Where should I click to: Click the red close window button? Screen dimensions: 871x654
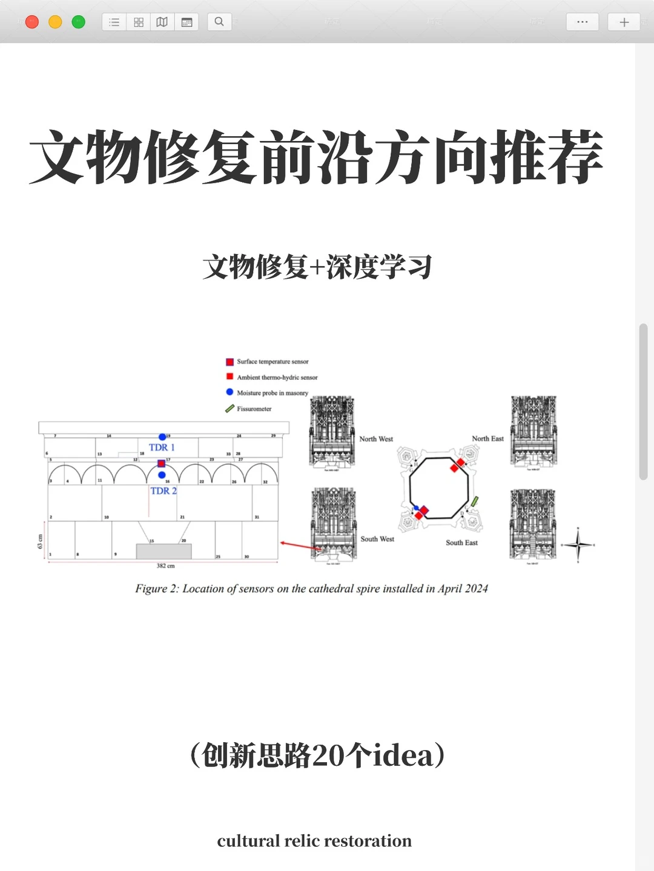pyautogui.click(x=32, y=22)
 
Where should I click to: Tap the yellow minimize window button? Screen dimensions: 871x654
pyautogui.click(x=55, y=22)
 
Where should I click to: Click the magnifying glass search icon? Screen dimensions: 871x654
pyautogui.click(x=219, y=22)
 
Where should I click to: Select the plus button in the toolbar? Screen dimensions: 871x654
pyautogui.click(x=624, y=22)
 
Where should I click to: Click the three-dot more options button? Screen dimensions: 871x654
pyautogui.click(x=582, y=22)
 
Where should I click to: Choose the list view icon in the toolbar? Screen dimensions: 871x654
pyautogui.click(x=114, y=22)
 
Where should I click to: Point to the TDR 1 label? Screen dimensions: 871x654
pyautogui.click(x=162, y=448)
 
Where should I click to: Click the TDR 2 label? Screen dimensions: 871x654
pyautogui.click(x=163, y=491)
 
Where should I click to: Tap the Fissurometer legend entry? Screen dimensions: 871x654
pyautogui.click(x=254, y=409)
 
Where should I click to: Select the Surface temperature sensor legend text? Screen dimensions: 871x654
pyautogui.click(x=272, y=362)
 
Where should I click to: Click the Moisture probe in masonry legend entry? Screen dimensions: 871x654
pyautogui.click(x=272, y=393)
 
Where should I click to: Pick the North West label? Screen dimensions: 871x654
pyautogui.click(x=376, y=439)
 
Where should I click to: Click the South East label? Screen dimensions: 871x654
pyautogui.click(x=461, y=543)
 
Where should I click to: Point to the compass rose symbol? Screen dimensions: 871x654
pyautogui.click(x=578, y=545)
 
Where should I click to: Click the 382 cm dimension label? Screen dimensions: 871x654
pyautogui.click(x=165, y=566)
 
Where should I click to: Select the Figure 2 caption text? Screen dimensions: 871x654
pyautogui.click(x=311, y=589)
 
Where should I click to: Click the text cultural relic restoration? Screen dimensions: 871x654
pyautogui.click(x=314, y=841)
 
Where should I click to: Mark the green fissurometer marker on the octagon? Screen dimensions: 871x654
pyautogui.click(x=475, y=501)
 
